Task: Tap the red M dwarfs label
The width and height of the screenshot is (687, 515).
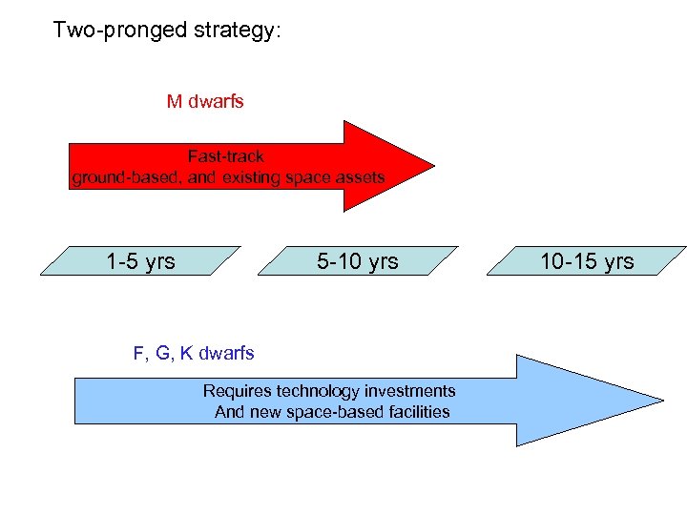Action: [205, 101]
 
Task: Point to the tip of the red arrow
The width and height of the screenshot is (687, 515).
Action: [432, 165]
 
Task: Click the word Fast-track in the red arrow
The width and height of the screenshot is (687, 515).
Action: [226, 156]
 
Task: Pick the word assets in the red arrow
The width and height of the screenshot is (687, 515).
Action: [360, 177]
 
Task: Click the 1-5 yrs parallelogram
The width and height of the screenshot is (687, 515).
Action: [140, 260]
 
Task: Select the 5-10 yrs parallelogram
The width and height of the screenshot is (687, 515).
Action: [358, 260]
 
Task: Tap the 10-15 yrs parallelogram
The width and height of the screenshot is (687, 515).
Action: [586, 260]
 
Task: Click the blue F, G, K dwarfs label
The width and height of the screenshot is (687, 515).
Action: [194, 353]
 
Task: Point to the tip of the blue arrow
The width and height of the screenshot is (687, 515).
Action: [661, 401]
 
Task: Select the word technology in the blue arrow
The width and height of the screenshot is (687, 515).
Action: [318, 391]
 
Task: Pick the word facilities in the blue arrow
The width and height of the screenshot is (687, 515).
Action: [413, 412]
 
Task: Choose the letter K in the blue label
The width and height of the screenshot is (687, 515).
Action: [185, 353]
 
